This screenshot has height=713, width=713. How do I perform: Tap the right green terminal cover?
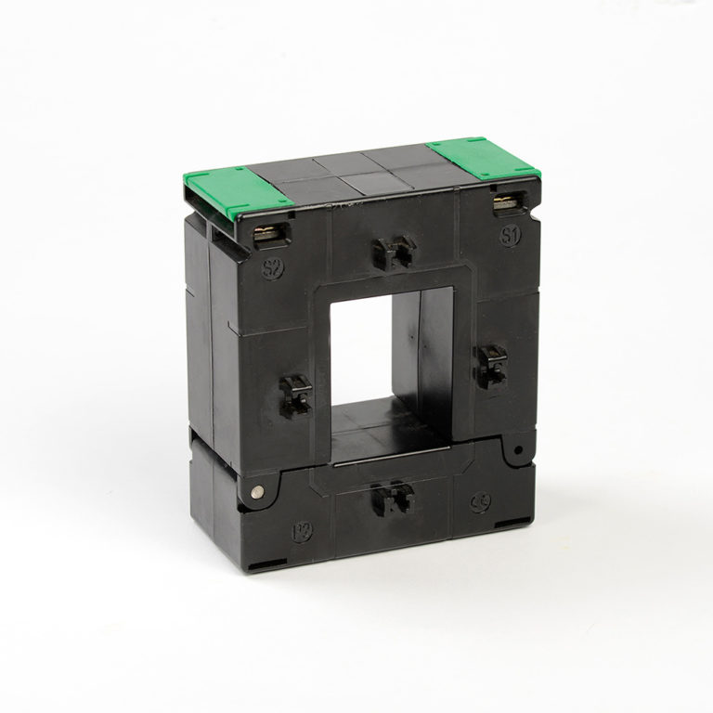pos(480,159)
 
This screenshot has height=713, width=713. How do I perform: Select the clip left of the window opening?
pos(296,395)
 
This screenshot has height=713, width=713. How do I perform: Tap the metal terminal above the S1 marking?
pos(506,202)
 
